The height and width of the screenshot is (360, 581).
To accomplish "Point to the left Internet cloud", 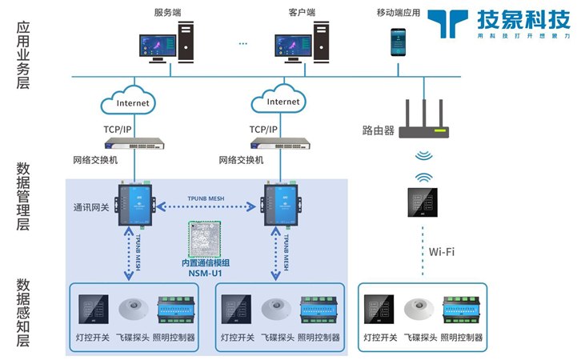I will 132,103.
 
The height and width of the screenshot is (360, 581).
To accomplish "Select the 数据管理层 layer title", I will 23,197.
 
